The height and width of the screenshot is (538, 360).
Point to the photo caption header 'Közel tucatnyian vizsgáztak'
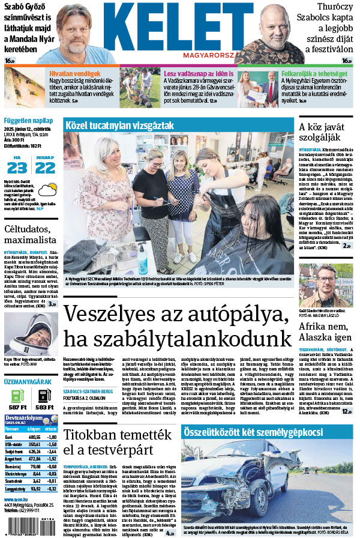[x=120, y=125]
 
